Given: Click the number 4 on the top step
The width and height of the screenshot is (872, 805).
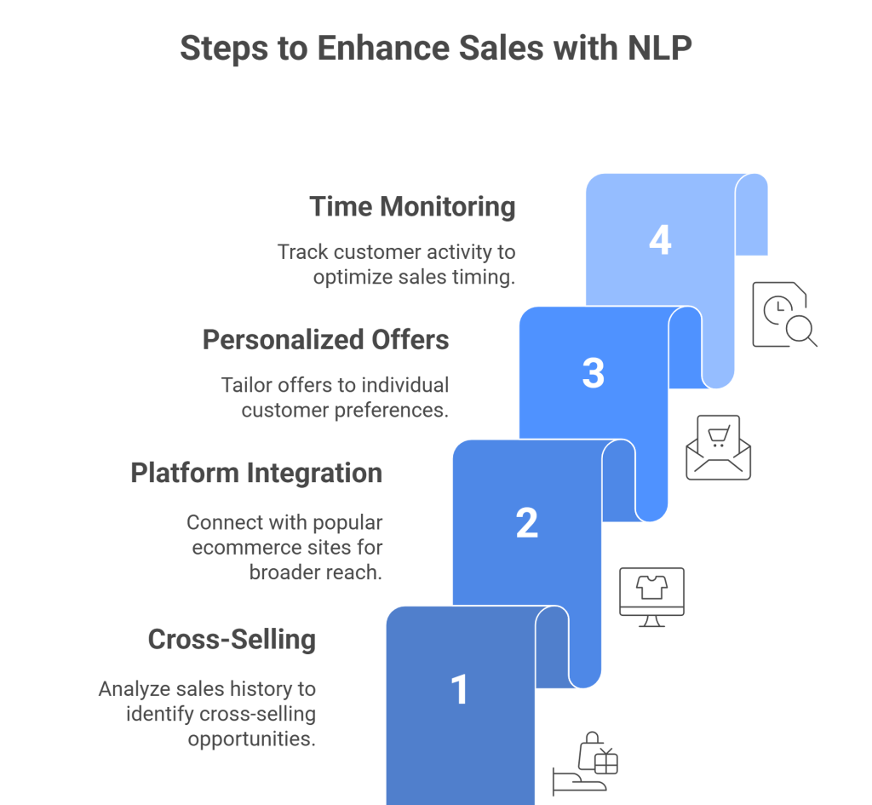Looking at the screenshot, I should (x=660, y=240).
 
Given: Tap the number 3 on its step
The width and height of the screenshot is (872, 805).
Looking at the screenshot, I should (x=594, y=374).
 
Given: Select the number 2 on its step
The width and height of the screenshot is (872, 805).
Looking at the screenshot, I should (x=527, y=523).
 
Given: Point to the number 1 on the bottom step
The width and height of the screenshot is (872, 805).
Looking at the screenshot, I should (x=460, y=689).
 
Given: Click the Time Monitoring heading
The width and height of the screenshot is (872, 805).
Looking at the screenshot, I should (x=412, y=207).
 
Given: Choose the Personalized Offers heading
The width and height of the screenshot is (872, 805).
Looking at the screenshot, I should (x=325, y=340).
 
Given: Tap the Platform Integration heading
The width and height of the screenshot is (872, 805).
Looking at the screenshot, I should (x=256, y=473).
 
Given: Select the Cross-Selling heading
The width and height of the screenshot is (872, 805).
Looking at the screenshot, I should (x=232, y=640).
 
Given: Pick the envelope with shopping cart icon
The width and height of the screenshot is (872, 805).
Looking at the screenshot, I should (x=718, y=447).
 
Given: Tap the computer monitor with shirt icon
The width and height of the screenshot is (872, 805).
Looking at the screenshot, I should (x=651, y=596).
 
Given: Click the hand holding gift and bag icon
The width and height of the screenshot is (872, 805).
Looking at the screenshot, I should (x=585, y=762).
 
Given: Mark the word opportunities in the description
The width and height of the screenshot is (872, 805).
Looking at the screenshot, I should (x=251, y=738).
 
